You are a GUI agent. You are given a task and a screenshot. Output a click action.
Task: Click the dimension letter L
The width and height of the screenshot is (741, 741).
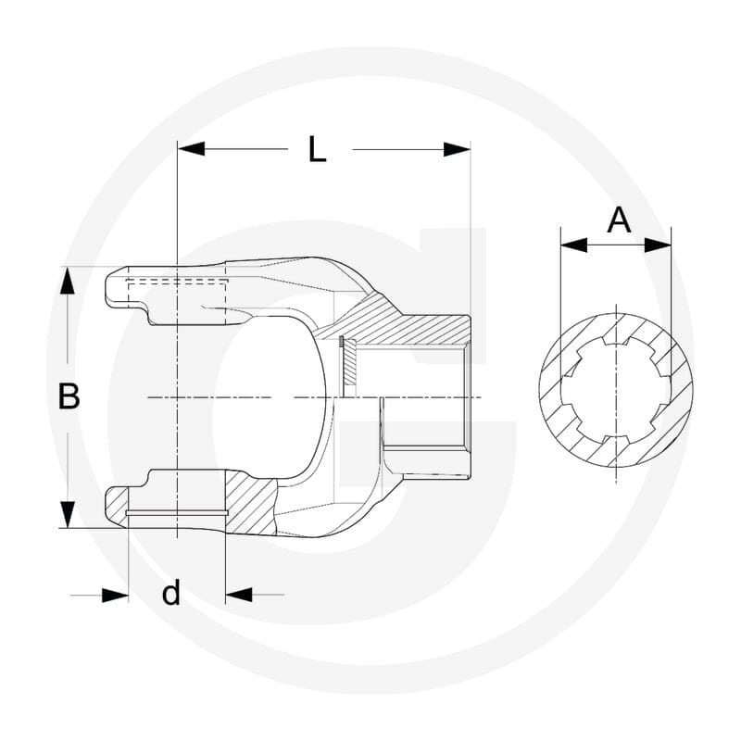coord(317,149)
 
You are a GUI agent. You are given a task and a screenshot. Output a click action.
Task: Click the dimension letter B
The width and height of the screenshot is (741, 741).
coord(69,396)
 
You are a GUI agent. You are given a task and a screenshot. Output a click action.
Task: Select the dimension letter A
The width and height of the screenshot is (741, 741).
coord(619,220)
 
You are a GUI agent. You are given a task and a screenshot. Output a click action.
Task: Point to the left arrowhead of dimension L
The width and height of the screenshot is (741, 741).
coord(191,149)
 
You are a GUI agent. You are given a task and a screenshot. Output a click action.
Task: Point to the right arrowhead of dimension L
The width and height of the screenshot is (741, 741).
coord(457,149)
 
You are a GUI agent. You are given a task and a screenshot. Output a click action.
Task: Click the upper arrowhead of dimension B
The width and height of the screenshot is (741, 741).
coord(68,281)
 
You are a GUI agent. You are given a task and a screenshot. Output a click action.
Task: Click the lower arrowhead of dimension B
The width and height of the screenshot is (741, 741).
coord(68,515)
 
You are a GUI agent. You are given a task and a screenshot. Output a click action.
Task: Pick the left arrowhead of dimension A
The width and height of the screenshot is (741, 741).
coord(573,245)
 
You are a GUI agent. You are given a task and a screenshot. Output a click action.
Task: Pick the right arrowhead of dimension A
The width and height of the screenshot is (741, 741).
coord(658,245)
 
